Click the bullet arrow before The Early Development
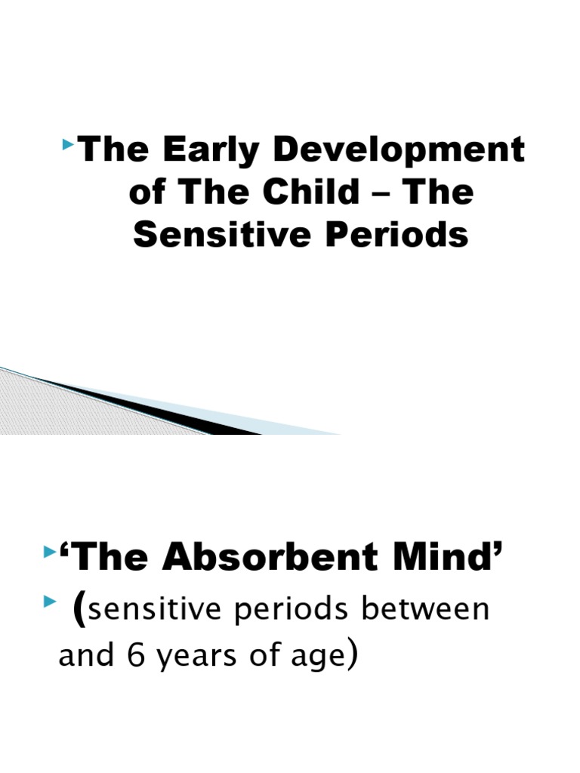pyautogui.click(x=70, y=141)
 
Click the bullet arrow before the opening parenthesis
pyautogui.click(x=50, y=599)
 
